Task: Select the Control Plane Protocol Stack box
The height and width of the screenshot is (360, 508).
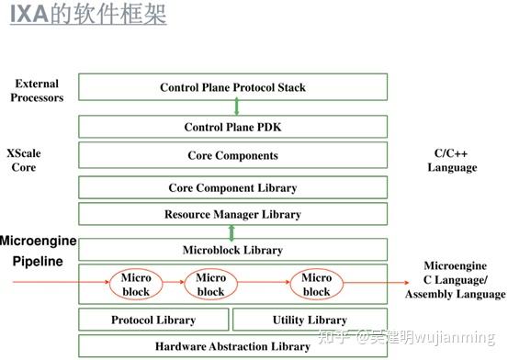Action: pyautogui.click(x=232, y=88)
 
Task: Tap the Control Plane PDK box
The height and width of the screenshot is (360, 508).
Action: pyautogui.click(x=232, y=128)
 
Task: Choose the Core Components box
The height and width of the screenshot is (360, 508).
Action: pyautogui.click(x=232, y=155)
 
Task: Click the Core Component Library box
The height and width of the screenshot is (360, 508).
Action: pyautogui.click(x=232, y=187)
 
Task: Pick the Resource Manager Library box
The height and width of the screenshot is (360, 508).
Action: pyautogui.click(x=232, y=214)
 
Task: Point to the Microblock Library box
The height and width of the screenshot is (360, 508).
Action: pyautogui.click(x=232, y=250)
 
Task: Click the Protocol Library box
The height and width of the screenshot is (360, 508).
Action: pyautogui.click(x=152, y=320)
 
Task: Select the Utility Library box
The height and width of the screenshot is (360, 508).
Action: pyautogui.click(x=310, y=320)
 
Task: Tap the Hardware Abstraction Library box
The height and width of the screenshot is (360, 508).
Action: pyautogui.click(x=232, y=346)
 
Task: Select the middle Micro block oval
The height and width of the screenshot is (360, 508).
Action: pyautogui.click(x=210, y=285)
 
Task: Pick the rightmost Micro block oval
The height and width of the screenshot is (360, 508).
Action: pyautogui.click(x=316, y=285)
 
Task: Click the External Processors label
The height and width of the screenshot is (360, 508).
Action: pyautogui.click(x=38, y=90)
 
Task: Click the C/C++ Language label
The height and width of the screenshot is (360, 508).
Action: pyautogui.click(x=452, y=161)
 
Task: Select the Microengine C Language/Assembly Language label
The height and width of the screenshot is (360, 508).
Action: pyautogui.click(x=456, y=279)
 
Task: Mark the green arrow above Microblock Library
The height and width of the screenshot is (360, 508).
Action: pyautogui.click(x=232, y=232)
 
